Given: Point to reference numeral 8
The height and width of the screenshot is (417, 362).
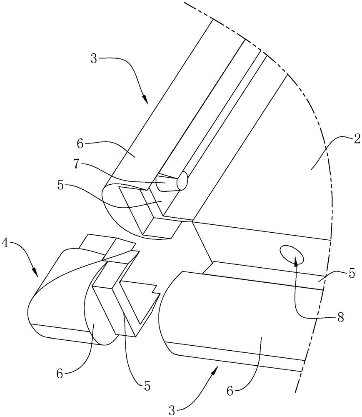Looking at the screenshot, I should [x=340, y=317].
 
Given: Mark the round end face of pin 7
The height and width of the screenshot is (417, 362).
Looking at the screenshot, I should [x=183, y=182].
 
